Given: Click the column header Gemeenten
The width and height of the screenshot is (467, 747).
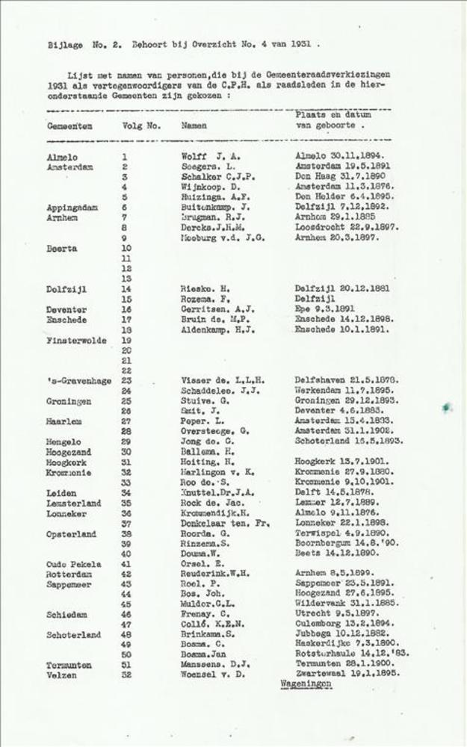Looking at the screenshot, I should tap(69, 127).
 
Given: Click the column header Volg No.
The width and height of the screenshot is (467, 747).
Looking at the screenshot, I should tap(140, 126).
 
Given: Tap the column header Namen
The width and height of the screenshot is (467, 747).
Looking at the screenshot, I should tap(194, 126).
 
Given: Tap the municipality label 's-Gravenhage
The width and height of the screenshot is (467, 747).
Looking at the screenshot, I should tap(78, 381).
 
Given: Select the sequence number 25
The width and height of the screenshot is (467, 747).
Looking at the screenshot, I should tap(126, 401).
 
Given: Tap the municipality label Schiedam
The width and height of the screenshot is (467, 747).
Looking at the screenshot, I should tap(67, 615).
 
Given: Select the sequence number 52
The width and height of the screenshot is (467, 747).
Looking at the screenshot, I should tap(126, 675).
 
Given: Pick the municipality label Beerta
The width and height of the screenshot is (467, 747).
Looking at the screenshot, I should tap(61, 248).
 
